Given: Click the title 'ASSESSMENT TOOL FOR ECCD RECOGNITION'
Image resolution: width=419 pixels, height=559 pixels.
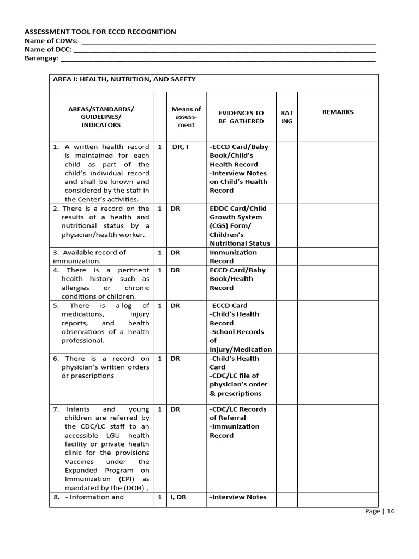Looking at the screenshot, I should [100, 32].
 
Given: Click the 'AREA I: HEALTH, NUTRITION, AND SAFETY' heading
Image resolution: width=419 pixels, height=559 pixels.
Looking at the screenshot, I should [124, 79].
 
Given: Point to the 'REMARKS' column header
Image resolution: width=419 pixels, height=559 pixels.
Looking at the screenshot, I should [338, 112].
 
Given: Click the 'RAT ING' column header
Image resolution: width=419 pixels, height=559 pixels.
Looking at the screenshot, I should [286, 117].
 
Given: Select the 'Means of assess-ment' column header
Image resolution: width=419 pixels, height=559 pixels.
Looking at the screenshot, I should [186, 117].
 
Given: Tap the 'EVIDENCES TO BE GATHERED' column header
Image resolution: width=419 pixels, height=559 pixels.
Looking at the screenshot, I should [241, 117].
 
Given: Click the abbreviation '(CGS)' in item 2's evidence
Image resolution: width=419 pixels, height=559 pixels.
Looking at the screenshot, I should [220, 226].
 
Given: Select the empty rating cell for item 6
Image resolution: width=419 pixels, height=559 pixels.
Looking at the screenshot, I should [286, 379].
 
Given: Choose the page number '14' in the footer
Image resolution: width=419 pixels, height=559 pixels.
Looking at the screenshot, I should [390, 512].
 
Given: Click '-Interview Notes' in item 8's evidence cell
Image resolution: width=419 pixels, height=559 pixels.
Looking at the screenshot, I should [238, 497].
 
